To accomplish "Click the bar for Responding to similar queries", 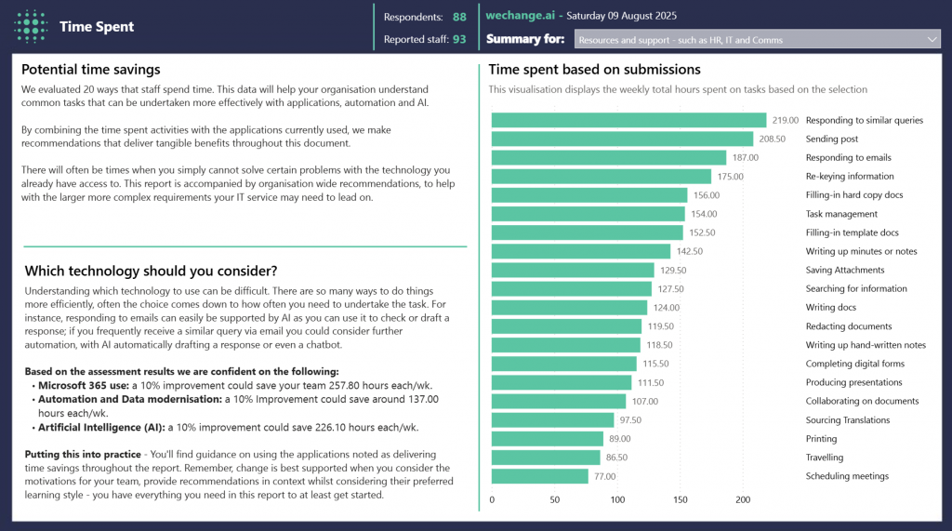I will pos(628,120).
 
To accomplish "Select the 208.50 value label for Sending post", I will pos(772,139).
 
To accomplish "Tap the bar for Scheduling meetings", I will pos(539,476).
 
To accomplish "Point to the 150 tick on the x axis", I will pos(681,500).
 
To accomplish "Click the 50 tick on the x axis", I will pos(555,500).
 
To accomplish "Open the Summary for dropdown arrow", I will pos(932,39).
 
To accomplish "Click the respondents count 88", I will pos(459,17).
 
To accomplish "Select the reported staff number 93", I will pos(459,39).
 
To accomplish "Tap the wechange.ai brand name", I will pos(519,16).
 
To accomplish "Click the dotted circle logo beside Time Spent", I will pos(32,26).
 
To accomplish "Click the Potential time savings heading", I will pos(90,70).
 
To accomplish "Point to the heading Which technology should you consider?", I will pos(151,271).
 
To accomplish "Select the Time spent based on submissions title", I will pos(594,70).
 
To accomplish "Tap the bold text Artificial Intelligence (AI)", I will pos(100,428).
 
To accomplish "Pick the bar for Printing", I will pos(548,439).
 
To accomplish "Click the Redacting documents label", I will pos(848,326).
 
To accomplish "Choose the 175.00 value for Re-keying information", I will pos(730,177).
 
